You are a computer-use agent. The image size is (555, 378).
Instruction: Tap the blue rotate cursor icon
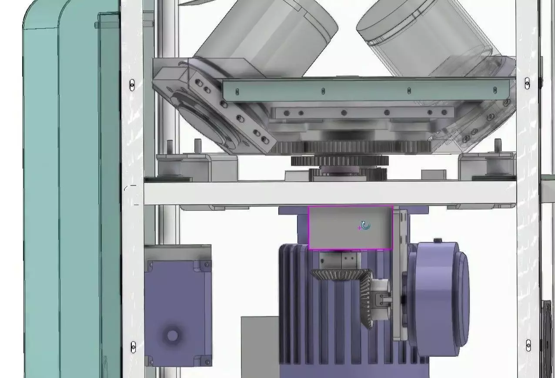click(365, 226)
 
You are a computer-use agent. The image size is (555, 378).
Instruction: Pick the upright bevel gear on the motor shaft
click(366, 300)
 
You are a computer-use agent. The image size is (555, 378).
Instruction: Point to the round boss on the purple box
click(172, 335)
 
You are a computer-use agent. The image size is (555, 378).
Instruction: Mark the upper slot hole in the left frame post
click(132, 85)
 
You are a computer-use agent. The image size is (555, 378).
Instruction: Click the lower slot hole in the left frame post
click(133, 347)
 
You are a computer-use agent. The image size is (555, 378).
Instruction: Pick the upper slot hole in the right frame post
click(527, 83)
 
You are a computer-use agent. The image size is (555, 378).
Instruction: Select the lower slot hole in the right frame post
click(528, 345)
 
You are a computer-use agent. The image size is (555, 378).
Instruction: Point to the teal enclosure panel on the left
click(65, 196)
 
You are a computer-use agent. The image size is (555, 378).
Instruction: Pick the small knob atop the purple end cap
click(438, 240)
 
